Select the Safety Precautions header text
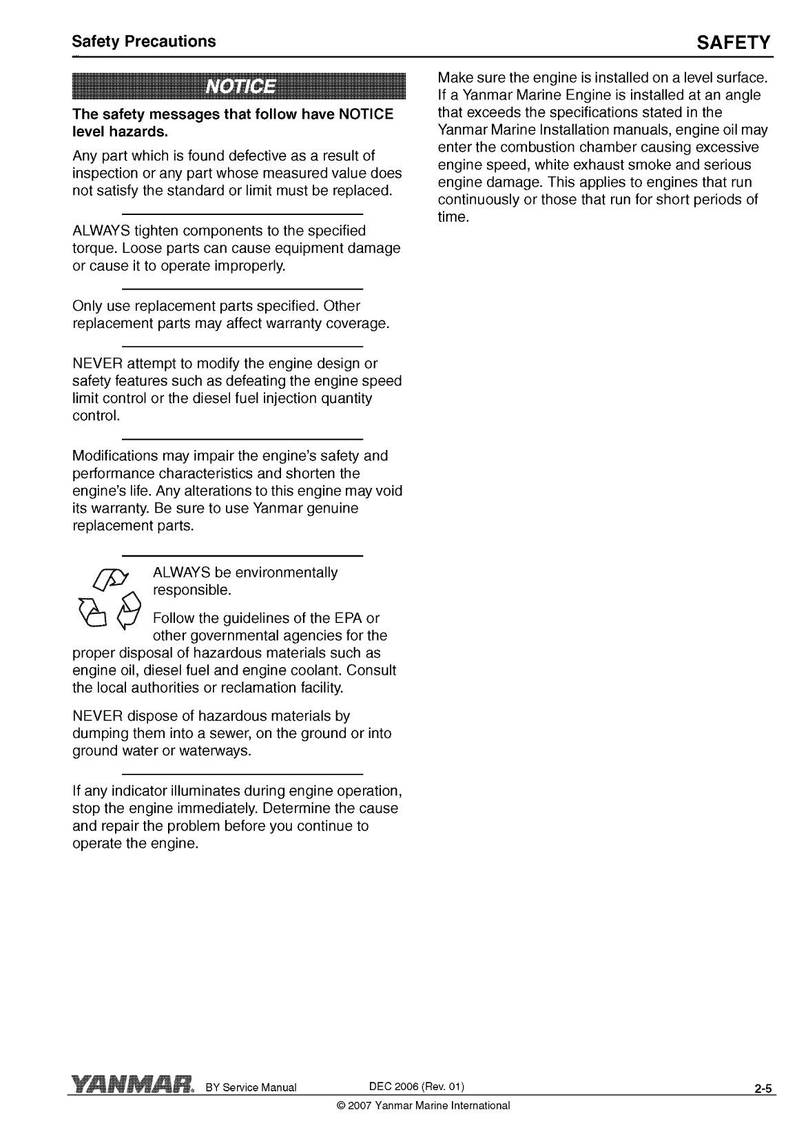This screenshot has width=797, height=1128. click(x=144, y=41)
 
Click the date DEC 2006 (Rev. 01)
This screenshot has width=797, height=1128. click(x=417, y=1087)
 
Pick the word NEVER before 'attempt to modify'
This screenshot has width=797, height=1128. click(x=96, y=364)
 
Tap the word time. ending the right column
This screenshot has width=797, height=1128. click(x=453, y=218)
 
